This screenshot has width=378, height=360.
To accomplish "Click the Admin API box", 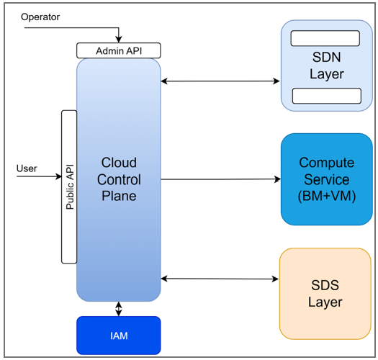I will click(118, 51).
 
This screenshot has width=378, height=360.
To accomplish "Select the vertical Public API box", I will click(69, 187).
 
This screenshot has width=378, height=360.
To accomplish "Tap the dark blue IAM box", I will click(118, 336).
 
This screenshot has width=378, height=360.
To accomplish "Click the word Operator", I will click(40, 17).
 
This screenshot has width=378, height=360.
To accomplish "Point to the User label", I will click(27, 168).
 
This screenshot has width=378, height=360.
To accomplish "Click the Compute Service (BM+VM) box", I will click(327, 179).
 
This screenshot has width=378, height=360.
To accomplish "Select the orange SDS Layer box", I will click(325, 293).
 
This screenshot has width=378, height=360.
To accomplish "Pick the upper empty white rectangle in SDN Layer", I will click(325, 38).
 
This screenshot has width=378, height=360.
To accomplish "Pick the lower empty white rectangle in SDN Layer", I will click(326, 95).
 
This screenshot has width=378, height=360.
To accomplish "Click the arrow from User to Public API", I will click(40, 176).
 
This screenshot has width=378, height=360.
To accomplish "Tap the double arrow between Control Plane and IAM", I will click(119, 309).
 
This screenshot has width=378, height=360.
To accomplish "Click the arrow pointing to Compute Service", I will click(220, 179).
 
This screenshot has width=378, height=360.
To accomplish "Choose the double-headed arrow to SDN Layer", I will click(220, 81).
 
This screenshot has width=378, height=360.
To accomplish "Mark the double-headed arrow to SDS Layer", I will click(220, 278).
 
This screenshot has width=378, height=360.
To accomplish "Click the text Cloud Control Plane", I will click(119, 179).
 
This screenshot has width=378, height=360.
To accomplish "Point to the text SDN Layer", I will click(326, 66).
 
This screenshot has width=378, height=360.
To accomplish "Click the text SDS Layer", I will click(325, 293).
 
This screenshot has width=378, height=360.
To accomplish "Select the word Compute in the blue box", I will click(327, 163).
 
